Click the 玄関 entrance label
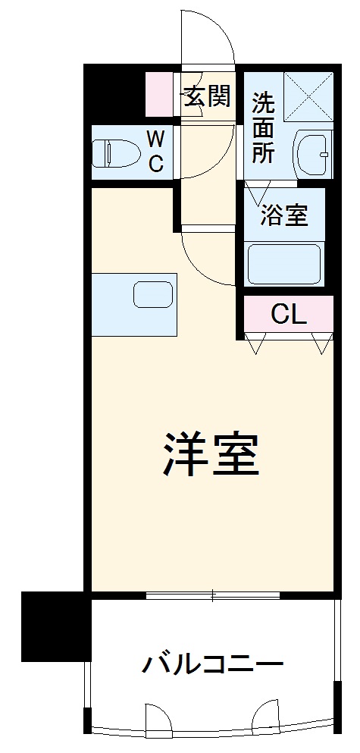(x=205, y=96)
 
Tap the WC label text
(x=155, y=151)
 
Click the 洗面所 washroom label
(x=263, y=127)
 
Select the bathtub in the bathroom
(x=285, y=265)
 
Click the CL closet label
(x=289, y=315)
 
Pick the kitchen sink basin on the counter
(x=154, y=294)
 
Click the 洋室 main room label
(x=211, y=454)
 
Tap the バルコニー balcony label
(x=213, y=666)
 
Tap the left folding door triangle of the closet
(x=255, y=345)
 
